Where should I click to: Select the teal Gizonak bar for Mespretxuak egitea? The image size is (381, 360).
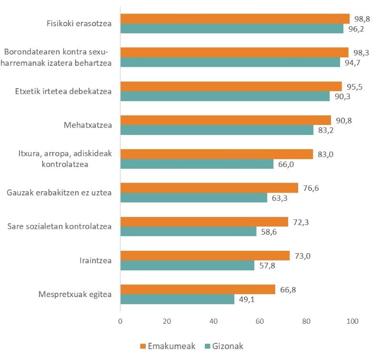pyautogui.click(x=177, y=299)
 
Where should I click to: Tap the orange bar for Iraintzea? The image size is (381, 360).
pyautogui.click(x=205, y=256)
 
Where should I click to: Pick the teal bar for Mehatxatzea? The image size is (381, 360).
pyautogui.click(x=217, y=130)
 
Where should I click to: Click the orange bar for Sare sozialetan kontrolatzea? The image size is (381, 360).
pyautogui.click(x=204, y=222)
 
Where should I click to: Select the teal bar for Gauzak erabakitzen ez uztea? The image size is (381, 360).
pyautogui.click(x=193, y=197)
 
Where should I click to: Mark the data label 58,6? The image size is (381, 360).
pyautogui.click(x=268, y=232)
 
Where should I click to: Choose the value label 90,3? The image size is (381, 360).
pyautogui.click(x=341, y=96)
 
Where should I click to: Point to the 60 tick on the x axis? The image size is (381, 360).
pyautogui.click(x=260, y=322)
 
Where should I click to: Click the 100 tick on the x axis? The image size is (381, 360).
pyautogui.click(x=352, y=322)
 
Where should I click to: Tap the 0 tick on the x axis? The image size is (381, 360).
pyautogui.click(x=120, y=322)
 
